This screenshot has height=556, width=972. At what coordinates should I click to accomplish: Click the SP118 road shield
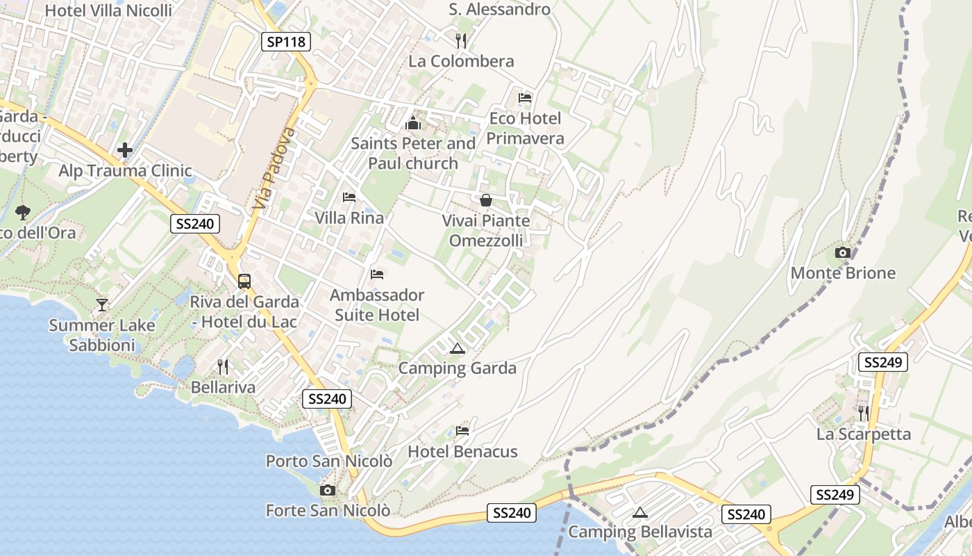click(x=286, y=42)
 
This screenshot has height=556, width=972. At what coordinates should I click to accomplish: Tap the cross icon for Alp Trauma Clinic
click(x=125, y=150)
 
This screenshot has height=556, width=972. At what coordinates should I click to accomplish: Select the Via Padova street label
click(x=271, y=168)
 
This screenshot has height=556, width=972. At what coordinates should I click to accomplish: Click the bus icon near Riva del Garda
click(x=244, y=281)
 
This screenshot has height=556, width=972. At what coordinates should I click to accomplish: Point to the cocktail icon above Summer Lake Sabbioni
click(x=102, y=304)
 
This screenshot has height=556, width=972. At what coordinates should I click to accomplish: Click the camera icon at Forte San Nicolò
click(x=328, y=491)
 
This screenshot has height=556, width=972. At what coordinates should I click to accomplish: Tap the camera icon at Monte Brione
click(x=843, y=253)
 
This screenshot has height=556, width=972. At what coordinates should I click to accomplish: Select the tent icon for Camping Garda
click(x=457, y=348)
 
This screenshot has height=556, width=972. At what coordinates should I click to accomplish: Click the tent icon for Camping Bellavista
click(x=640, y=513)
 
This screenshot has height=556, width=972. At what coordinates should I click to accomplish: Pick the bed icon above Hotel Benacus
click(x=462, y=431)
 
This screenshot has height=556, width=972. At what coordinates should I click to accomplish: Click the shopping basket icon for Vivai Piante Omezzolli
click(x=486, y=200)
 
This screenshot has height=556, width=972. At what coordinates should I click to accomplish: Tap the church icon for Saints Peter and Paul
click(x=413, y=124)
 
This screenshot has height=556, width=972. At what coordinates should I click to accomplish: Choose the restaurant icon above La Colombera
click(x=460, y=40)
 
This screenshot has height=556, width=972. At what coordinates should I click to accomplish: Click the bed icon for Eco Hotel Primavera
click(x=525, y=98)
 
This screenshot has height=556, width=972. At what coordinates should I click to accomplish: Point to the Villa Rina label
click(x=349, y=218)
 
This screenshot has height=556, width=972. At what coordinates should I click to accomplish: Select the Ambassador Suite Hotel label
click(x=377, y=305)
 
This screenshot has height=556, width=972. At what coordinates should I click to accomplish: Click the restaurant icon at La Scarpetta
click(x=863, y=413)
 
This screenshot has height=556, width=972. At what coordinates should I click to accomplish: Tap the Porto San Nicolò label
click(x=329, y=461)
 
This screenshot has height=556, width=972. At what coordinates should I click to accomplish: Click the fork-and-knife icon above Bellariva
click(x=223, y=366)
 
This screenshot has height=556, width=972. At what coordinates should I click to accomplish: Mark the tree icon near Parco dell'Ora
click(x=23, y=212)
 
